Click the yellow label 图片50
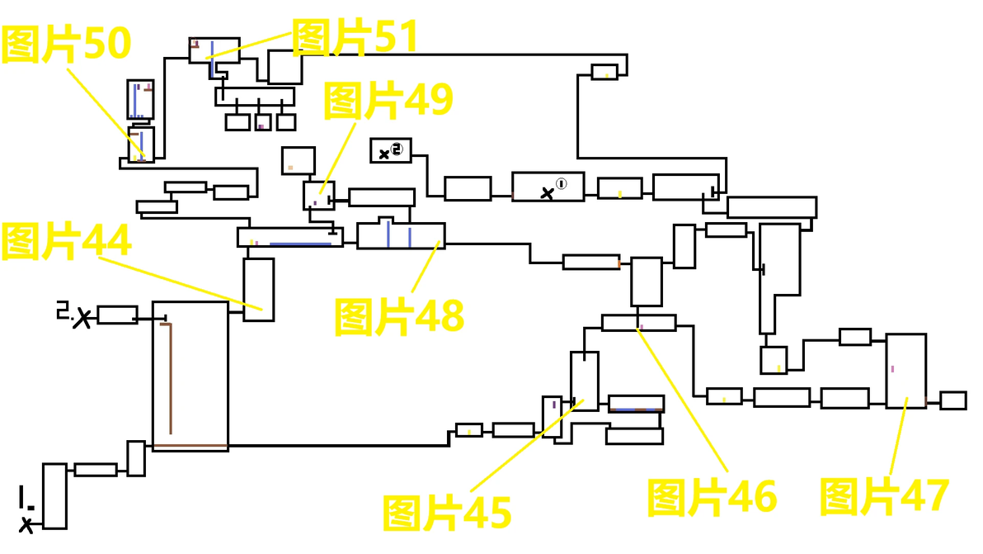coord(66,44)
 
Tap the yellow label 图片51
coord(355,37)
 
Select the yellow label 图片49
coord(388,101)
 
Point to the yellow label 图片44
coord(66,241)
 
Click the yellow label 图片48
coord(399,316)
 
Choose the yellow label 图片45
coord(447,513)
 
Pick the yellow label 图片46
coord(713,498)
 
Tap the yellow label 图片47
coord(884,496)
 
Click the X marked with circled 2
coord(384,154)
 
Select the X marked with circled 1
coord(548,193)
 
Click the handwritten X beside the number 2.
coord(82,319)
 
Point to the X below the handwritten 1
coord(26,524)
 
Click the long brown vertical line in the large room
coord(171,378)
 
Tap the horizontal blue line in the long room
coord(300,244)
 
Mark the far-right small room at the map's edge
coord(953,400)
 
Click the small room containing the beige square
coord(299,161)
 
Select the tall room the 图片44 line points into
coord(259,289)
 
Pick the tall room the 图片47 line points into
coord(905,371)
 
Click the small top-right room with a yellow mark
coord(604,72)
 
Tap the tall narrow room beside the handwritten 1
coord(54,496)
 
